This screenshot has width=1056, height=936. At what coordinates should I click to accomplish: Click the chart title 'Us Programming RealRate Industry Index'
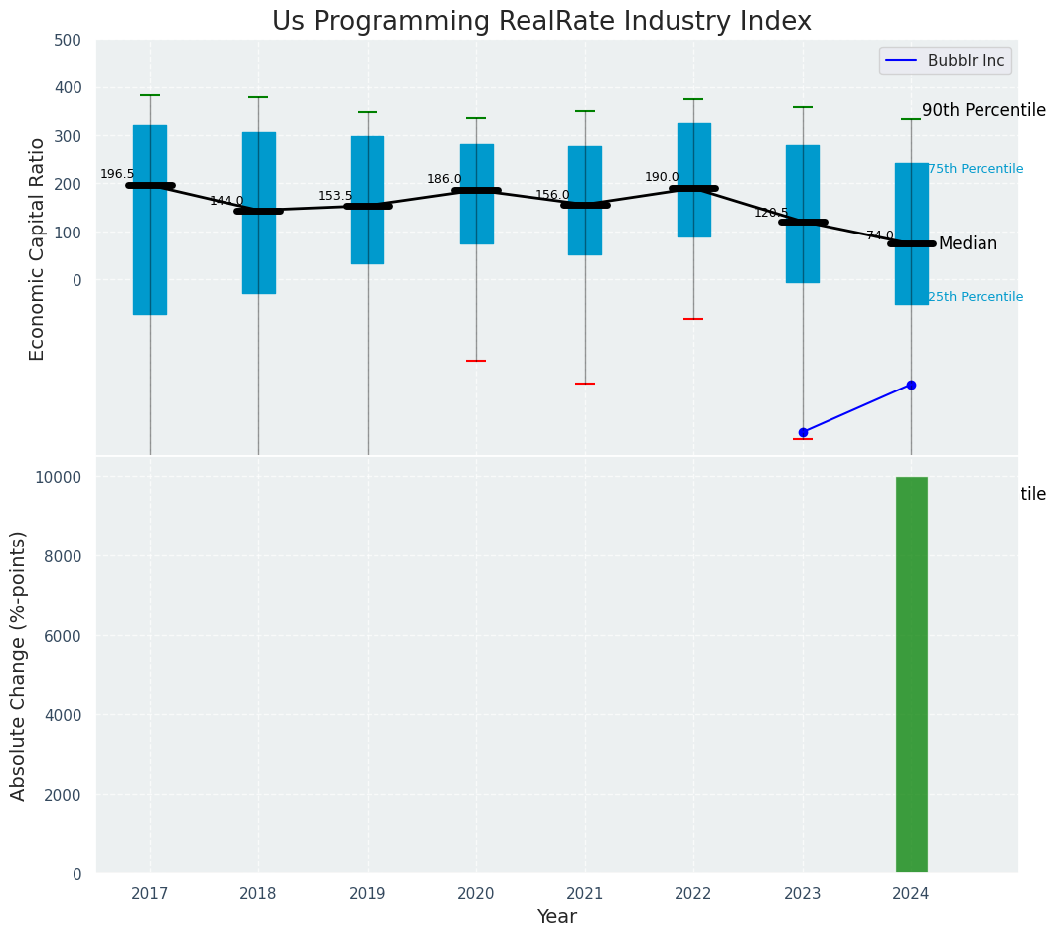point(541,22)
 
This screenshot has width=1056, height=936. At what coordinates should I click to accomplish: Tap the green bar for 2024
point(911,675)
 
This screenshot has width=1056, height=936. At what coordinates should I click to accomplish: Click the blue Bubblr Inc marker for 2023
point(803,432)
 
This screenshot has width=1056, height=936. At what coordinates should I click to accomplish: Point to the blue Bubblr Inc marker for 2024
point(911,385)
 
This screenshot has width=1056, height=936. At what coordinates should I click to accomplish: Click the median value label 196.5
point(117,174)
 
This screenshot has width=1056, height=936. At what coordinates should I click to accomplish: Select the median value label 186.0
point(444,179)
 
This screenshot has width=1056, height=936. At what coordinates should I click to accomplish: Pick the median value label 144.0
point(226,201)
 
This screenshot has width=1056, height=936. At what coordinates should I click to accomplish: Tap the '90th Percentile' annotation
point(983,110)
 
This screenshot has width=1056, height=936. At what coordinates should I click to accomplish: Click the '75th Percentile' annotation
point(976,169)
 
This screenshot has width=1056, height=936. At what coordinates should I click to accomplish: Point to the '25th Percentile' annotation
point(976,297)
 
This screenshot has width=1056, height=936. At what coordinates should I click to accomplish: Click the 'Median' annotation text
point(968,244)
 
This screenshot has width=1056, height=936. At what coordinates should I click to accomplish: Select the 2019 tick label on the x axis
point(368,894)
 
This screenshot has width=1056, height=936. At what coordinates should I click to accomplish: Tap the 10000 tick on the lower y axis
point(58,477)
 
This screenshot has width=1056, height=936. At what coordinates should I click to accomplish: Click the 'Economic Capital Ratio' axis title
point(38,248)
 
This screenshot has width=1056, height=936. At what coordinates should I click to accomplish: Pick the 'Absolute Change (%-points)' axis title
point(19,665)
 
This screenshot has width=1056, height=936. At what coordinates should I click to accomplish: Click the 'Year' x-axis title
point(556,917)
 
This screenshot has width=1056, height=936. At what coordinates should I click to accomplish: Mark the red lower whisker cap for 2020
point(476,361)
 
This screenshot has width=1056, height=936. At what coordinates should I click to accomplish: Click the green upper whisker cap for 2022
point(693,99)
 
